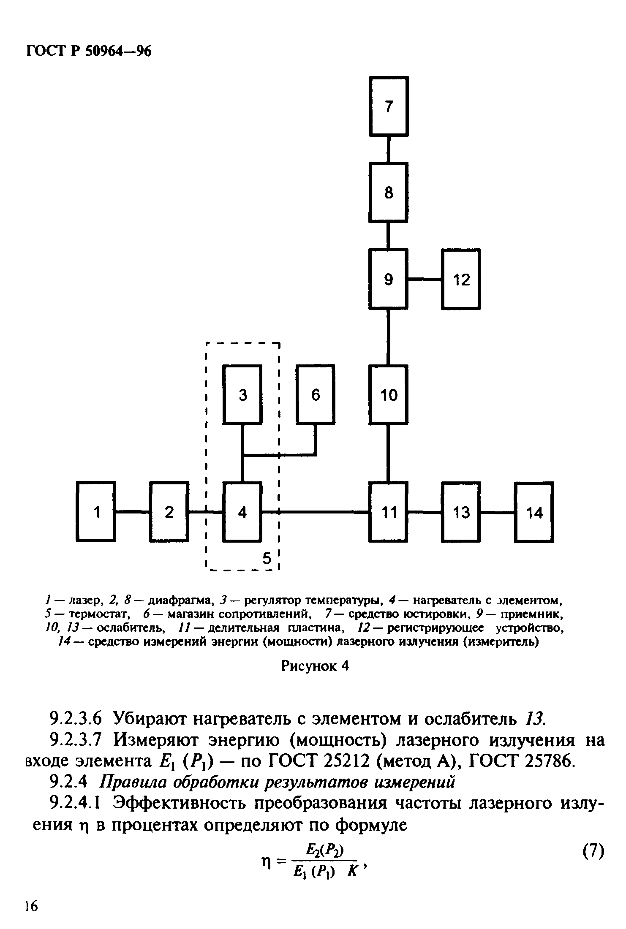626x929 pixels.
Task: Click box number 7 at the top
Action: click(389, 106)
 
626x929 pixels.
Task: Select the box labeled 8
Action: click(389, 193)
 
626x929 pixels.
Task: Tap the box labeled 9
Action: click(389, 279)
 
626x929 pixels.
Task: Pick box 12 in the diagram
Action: click(461, 279)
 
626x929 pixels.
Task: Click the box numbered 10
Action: click(389, 395)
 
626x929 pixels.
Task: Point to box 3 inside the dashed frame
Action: click(242, 395)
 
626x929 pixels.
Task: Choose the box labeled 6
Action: click(316, 395)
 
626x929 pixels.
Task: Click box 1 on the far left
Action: click(96, 512)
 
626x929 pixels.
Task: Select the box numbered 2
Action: click(169, 512)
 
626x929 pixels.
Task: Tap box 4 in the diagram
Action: click(242, 512)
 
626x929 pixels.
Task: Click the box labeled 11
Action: click(389, 512)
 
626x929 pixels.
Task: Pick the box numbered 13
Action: click(461, 512)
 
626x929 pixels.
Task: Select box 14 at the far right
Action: click(534, 512)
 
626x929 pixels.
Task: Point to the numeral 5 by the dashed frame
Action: click(267, 558)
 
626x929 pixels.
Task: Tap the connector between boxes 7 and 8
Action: click(389, 149)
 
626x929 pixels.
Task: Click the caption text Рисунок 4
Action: click(315, 666)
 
